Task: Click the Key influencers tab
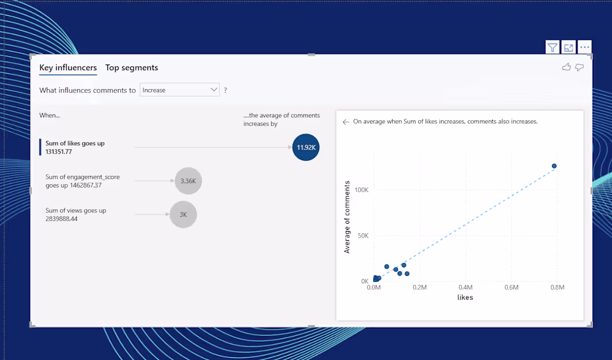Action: (68, 68)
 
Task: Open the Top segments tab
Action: (132, 68)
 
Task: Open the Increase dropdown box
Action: (179, 90)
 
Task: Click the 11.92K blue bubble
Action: (306, 147)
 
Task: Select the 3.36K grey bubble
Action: (188, 181)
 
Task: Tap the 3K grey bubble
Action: (183, 214)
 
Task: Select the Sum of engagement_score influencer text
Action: (82, 181)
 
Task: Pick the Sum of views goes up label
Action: (76, 214)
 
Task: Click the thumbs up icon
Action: (566, 67)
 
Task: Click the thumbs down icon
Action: (579, 67)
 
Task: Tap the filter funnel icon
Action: (552, 48)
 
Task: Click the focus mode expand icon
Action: (568, 48)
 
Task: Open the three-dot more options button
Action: (584, 48)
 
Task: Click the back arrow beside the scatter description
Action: (346, 122)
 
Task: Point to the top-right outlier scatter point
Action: (554, 166)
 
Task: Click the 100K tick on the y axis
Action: (361, 190)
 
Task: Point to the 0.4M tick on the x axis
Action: (465, 287)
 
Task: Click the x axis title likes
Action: (465, 298)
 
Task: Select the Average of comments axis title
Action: (347, 217)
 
